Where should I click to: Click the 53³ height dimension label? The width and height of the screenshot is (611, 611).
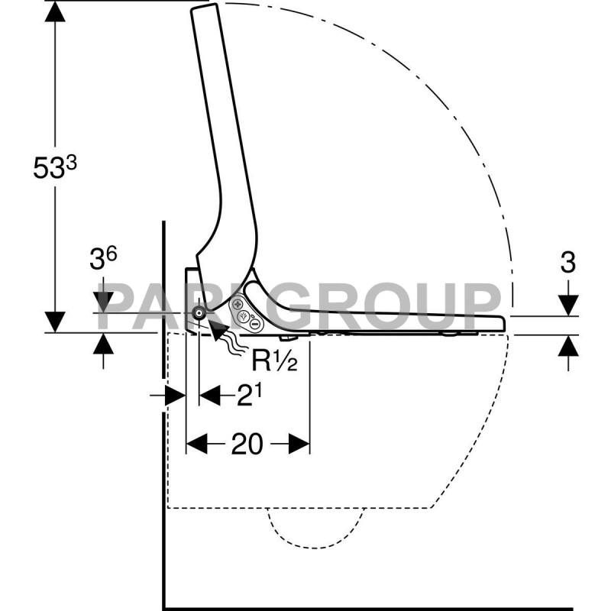point(55,167)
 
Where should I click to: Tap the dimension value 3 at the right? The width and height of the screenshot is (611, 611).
point(567,263)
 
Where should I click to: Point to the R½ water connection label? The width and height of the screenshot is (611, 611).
point(274,360)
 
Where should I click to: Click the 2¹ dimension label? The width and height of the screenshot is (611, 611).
point(249,396)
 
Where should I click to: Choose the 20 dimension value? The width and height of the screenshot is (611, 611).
point(247,444)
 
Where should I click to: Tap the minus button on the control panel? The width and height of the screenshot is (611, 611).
point(254,323)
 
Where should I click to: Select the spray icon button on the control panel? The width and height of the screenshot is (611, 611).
point(244,315)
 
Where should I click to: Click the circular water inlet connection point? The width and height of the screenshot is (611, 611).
point(199,312)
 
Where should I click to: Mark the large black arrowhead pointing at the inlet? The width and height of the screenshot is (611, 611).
point(218,328)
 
